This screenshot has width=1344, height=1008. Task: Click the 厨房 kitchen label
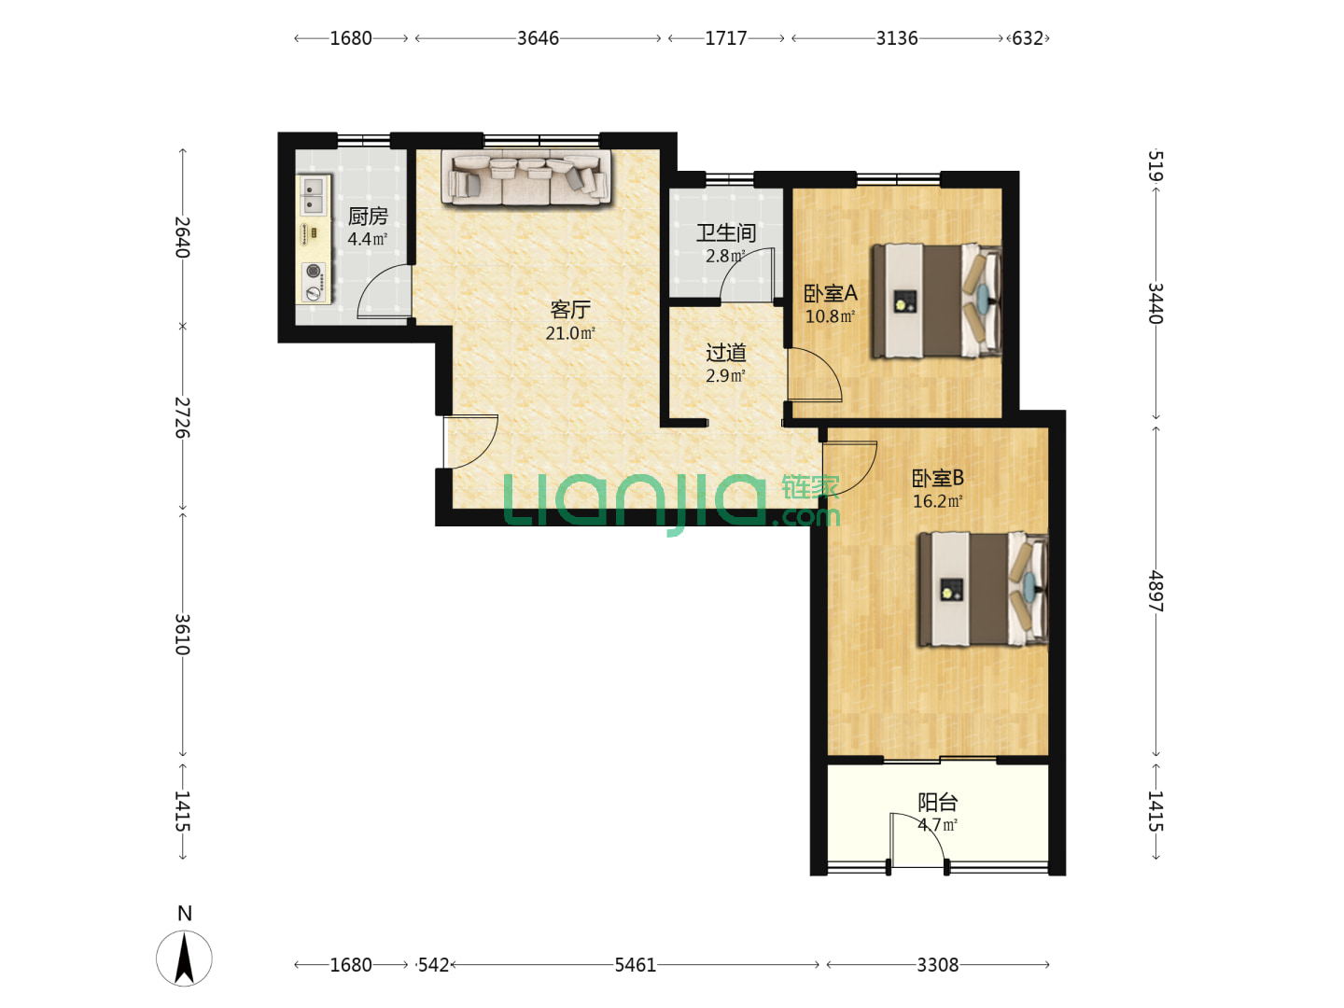[368, 216]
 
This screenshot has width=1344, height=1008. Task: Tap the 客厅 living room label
[569, 310]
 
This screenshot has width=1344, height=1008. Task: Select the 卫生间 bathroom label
[725, 232]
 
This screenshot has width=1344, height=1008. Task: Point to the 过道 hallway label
[725, 353]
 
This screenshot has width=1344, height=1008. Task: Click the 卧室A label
[831, 294]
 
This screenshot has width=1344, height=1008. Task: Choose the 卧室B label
[937, 477]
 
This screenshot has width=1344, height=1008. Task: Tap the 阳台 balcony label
[937, 802]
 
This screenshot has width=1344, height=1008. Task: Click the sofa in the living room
[526, 177]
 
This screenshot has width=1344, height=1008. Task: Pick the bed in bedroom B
[983, 589]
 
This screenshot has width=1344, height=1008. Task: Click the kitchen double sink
[314, 195]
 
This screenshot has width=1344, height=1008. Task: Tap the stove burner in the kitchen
[314, 271]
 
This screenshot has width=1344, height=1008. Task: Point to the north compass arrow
[184, 959]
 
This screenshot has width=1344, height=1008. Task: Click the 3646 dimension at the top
[538, 38]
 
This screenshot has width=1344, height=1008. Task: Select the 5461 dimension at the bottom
[635, 965]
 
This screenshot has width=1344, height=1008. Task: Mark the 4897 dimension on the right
[1155, 591]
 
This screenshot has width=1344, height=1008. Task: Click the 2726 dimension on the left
[182, 417]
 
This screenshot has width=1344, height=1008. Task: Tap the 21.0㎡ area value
[570, 333]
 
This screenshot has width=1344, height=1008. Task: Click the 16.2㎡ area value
[937, 501]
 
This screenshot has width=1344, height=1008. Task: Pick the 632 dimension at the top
[1027, 38]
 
